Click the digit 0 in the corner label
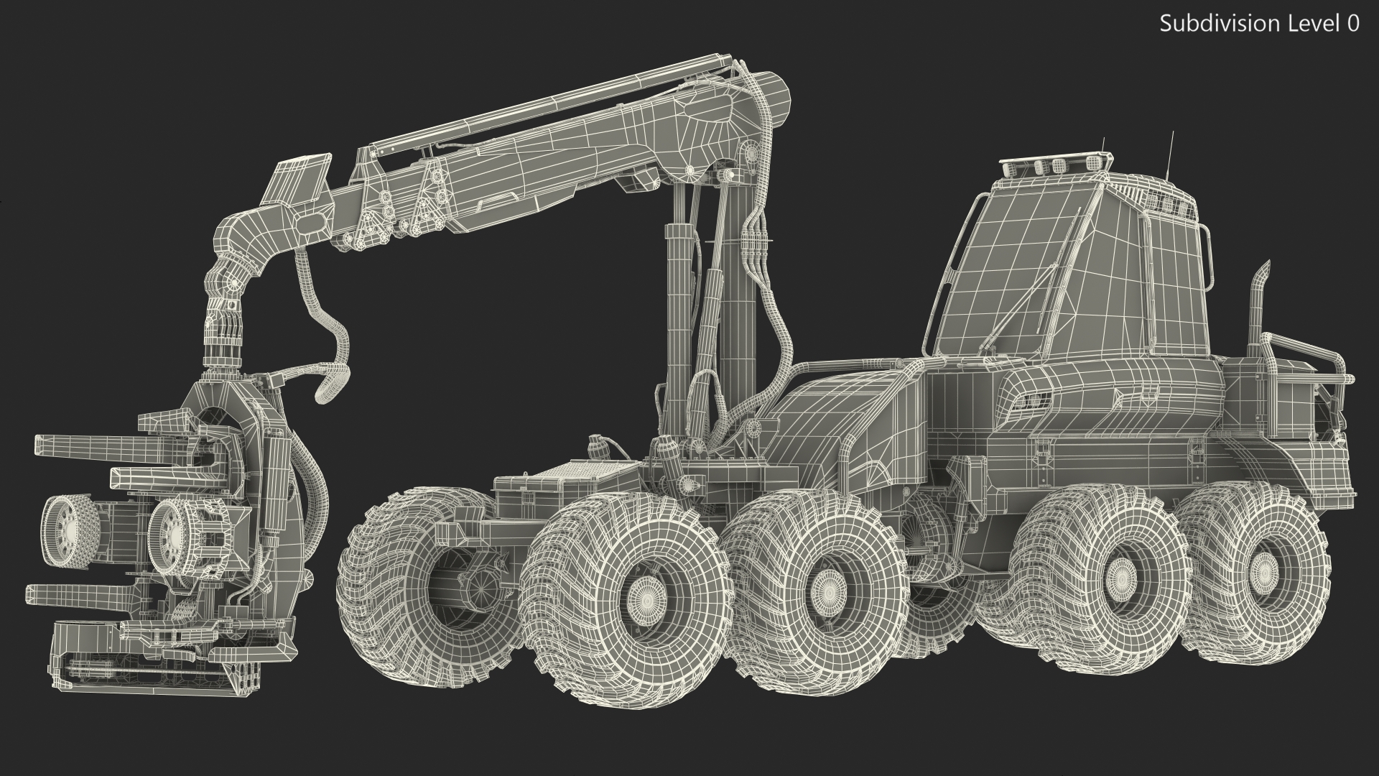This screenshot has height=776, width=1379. click(1352, 24)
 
